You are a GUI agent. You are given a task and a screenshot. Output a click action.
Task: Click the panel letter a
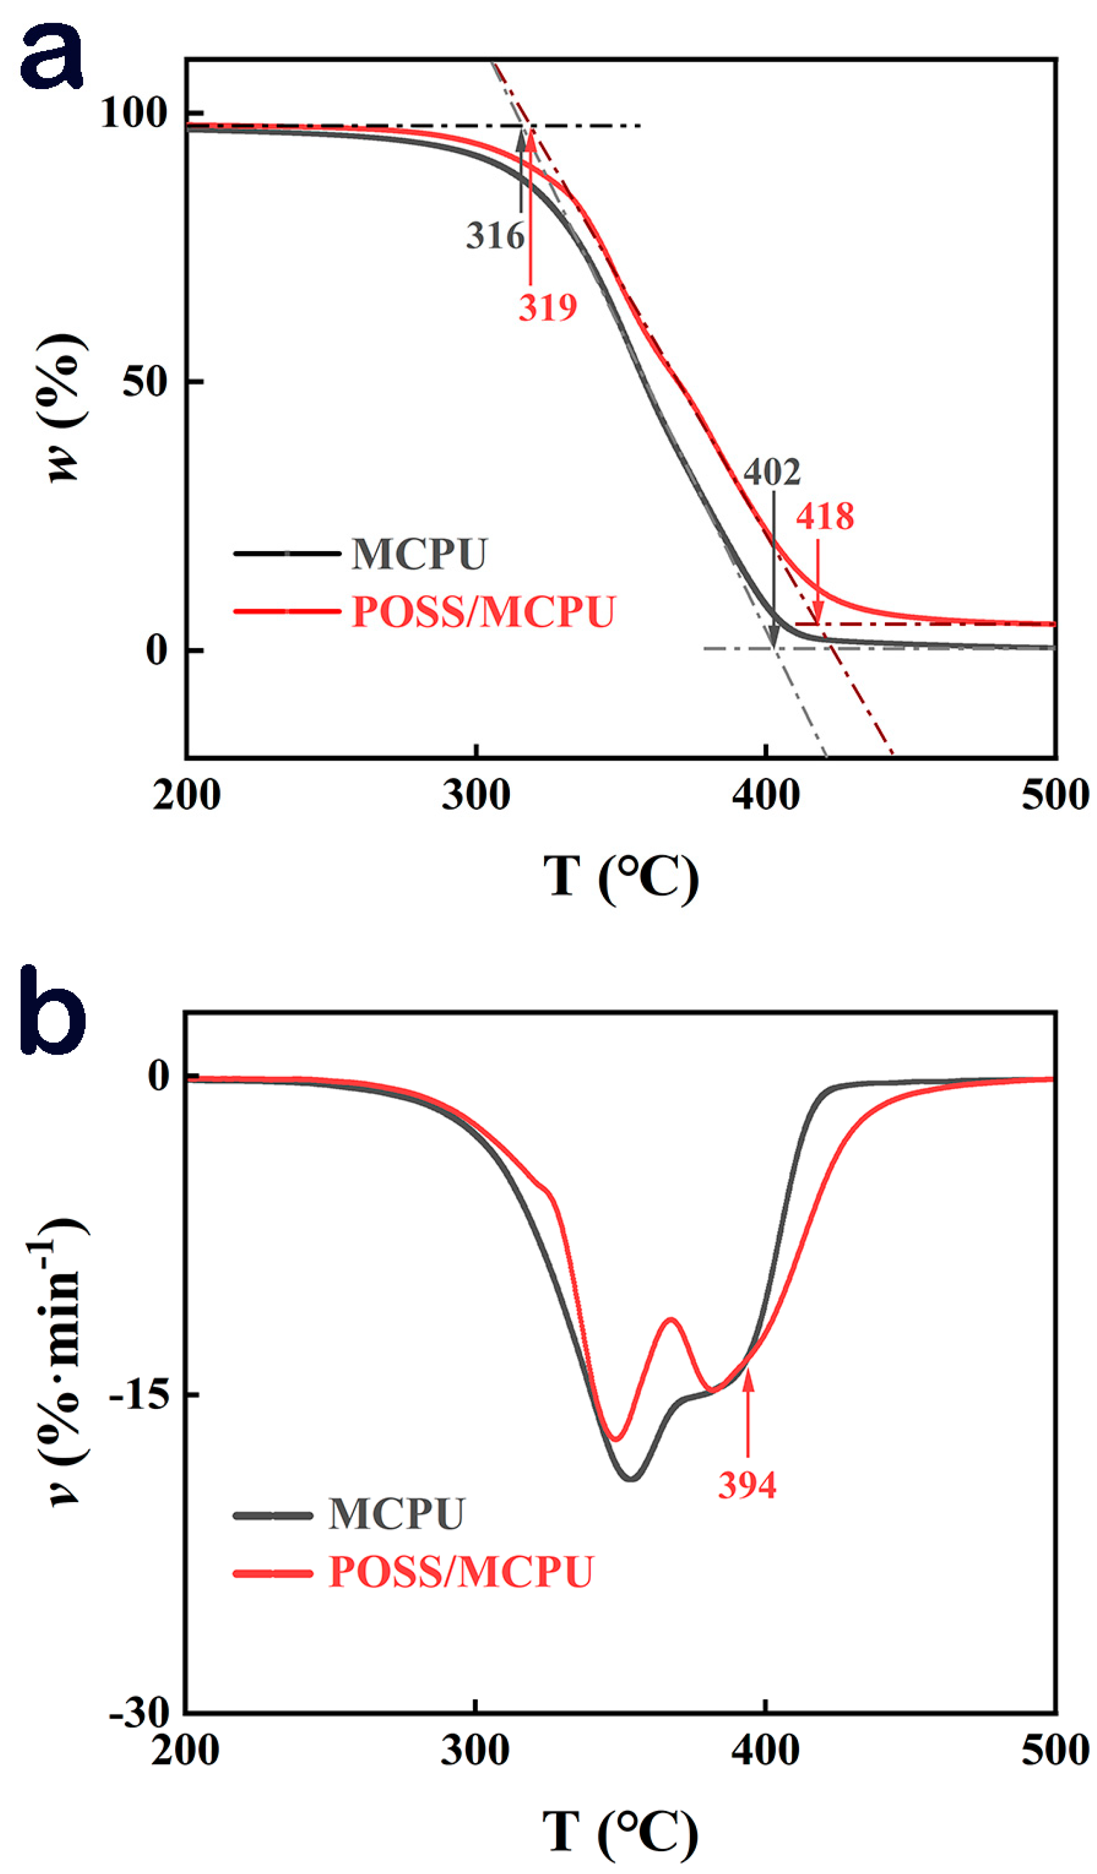tap(51, 58)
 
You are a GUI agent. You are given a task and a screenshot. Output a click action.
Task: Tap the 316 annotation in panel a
tap(495, 236)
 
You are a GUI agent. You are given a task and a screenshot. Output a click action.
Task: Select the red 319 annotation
tap(547, 307)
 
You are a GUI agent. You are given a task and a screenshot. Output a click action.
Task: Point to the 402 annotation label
tap(772, 472)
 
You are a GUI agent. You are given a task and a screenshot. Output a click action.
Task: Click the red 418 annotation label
tap(825, 516)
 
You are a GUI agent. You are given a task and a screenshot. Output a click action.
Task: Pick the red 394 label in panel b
tap(747, 1485)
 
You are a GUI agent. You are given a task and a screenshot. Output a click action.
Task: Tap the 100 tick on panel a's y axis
tap(133, 114)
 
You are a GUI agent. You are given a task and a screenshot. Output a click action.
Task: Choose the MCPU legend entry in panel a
tap(419, 554)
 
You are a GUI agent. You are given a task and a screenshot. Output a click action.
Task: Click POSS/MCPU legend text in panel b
tap(461, 1572)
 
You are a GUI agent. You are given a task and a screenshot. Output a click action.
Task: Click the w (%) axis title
tap(65, 407)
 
